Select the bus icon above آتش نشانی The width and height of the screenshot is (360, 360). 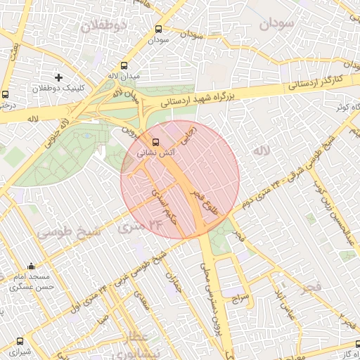coord(146,141)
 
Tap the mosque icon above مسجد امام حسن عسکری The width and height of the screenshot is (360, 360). coord(31,266)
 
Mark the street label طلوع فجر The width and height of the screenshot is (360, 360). coord(207,199)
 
